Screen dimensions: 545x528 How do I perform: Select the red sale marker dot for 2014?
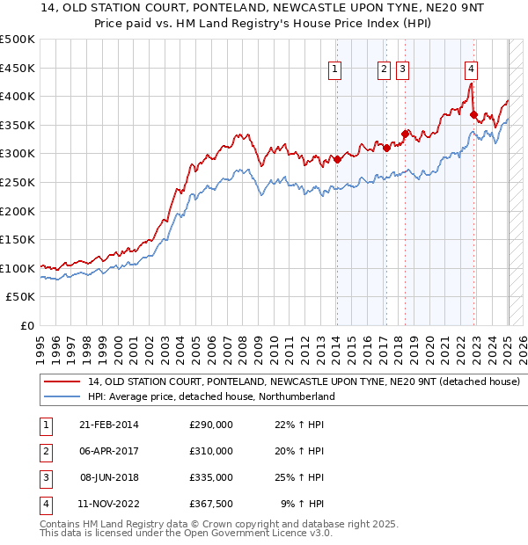337,159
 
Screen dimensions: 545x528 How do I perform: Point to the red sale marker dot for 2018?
405,134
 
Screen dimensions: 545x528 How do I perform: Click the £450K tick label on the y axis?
18,68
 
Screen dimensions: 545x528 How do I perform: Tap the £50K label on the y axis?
21,297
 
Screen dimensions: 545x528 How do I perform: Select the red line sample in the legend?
61,381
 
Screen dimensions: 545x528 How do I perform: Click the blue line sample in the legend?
61,396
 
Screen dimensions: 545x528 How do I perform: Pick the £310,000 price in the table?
211,451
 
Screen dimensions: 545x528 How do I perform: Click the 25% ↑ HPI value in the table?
299,477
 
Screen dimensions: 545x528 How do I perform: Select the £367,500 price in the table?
211,504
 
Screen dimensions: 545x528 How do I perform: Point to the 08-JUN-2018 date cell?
109,477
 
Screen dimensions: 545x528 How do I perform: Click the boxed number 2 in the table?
43,452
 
